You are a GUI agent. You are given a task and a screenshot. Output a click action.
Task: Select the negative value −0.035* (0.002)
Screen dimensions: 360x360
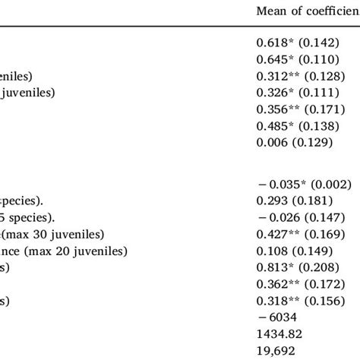[303, 185]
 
